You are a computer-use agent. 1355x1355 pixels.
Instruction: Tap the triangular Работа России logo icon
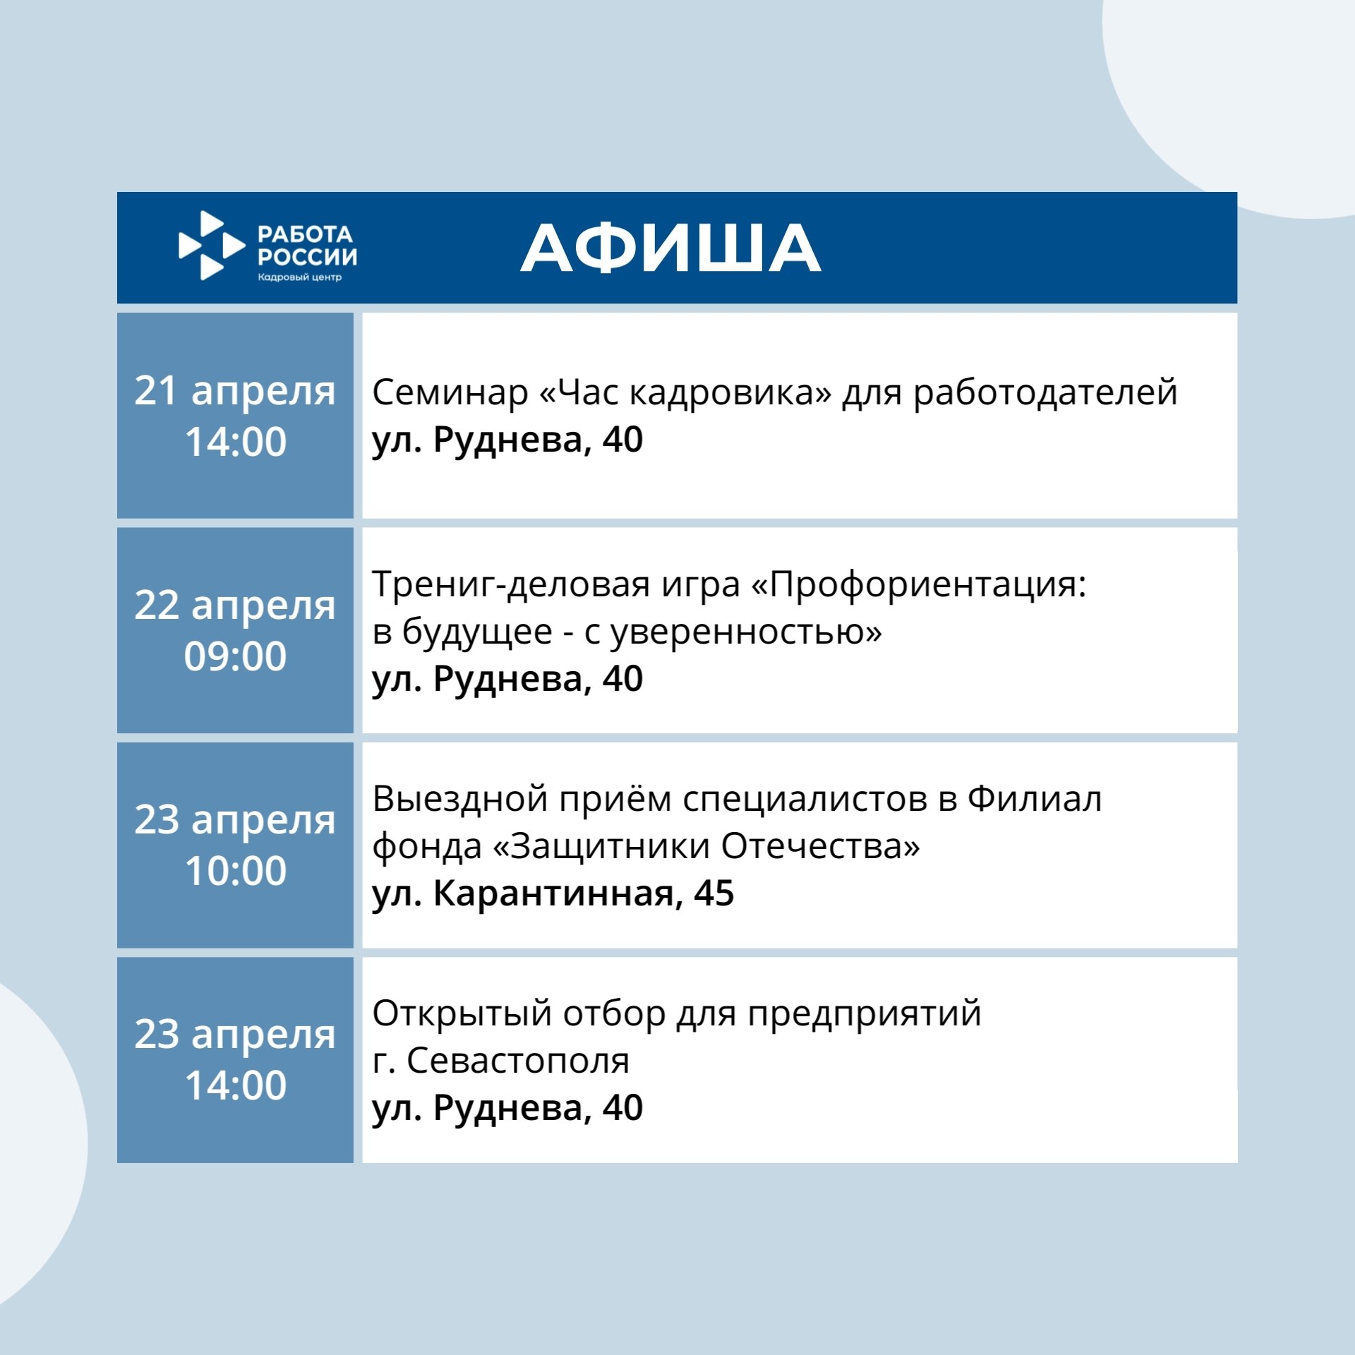pyautogui.click(x=212, y=246)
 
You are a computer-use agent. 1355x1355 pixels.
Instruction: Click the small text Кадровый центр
pyautogui.click(x=299, y=277)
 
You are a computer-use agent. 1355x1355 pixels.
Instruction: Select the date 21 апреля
pyautogui.click(x=235, y=392)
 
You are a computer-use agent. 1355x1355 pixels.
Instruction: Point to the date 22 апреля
pyautogui.click(x=235, y=606)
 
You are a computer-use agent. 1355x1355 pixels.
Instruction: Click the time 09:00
pyautogui.click(x=235, y=656)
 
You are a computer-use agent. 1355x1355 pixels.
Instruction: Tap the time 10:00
pyautogui.click(x=235, y=871)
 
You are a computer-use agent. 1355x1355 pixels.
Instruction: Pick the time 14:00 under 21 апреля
pyautogui.click(x=235, y=442)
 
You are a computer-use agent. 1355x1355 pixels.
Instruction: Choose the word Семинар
pyautogui.click(x=450, y=392)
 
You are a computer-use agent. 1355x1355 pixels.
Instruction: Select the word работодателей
pyautogui.click(x=1046, y=394)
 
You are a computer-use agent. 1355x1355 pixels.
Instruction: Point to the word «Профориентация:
pyautogui.click(x=918, y=585)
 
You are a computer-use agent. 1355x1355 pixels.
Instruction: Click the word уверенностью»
pyautogui.click(x=746, y=632)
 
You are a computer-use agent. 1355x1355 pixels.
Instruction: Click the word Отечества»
pyautogui.click(x=821, y=846)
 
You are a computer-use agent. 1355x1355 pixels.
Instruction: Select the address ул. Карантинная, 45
pyautogui.click(x=553, y=894)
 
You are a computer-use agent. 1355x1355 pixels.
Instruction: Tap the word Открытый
pyautogui.click(x=462, y=1015)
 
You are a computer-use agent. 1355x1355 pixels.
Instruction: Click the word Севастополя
pyautogui.click(x=518, y=1061)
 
